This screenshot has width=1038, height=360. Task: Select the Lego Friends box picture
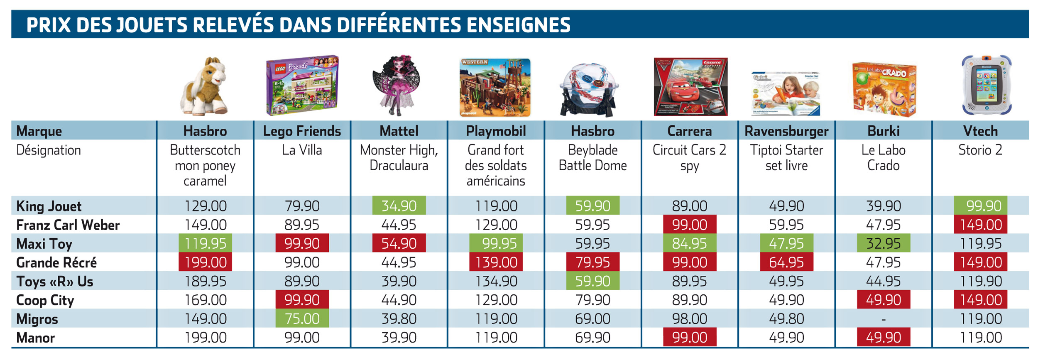click(302, 85)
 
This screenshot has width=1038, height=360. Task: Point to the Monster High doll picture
click(397, 85)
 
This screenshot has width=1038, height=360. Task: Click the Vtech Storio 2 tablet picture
click(987, 85)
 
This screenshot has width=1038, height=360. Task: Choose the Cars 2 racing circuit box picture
click(690, 86)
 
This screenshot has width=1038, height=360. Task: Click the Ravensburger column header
click(786, 131)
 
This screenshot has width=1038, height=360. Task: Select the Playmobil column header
click(496, 131)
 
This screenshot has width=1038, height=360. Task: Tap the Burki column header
click(884, 131)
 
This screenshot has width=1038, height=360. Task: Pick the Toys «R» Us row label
click(54, 282)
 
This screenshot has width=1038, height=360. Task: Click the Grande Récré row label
click(56, 262)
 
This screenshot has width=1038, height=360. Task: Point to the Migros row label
click(37, 319)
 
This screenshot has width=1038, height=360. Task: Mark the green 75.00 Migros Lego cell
click(302, 318)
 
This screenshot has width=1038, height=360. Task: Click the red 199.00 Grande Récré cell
click(205, 262)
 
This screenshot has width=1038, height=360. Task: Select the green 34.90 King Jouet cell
click(399, 206)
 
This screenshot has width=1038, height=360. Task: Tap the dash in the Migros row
click(884, 319)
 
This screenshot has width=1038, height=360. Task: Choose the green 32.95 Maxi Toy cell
click(884, 243)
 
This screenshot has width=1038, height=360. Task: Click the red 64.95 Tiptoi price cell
click(786, 262)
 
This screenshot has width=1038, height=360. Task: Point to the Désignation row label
click(49, 150)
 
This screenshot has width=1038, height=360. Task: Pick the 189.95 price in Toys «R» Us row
click(206, 282)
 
